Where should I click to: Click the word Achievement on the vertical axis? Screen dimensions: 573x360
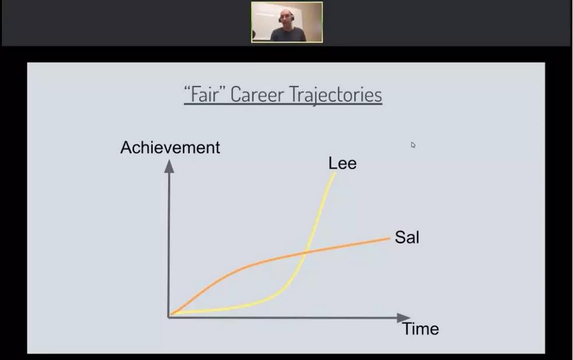(170, 147)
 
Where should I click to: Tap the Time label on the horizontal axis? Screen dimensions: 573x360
(420, 329)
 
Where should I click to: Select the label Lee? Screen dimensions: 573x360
(342, 163)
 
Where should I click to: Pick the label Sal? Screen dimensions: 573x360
(407, 237)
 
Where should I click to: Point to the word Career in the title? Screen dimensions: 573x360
(257, 94)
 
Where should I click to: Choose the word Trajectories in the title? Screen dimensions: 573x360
(336, 95)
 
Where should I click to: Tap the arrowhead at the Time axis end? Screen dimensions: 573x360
(404, 317)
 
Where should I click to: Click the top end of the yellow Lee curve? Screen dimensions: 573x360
(334, 172)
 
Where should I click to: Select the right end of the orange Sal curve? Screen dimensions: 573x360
(390, 238)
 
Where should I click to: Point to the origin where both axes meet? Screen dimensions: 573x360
(169, 316)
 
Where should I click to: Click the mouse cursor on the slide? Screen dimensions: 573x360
(413, 145)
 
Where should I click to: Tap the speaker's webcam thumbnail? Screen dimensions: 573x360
(287, 22)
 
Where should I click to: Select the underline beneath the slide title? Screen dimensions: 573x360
(283, 104)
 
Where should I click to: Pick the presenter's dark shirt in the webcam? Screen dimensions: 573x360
(288, 35)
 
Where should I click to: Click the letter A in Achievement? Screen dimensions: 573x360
(126, 147)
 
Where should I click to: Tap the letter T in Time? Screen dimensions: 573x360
(406, 329)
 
